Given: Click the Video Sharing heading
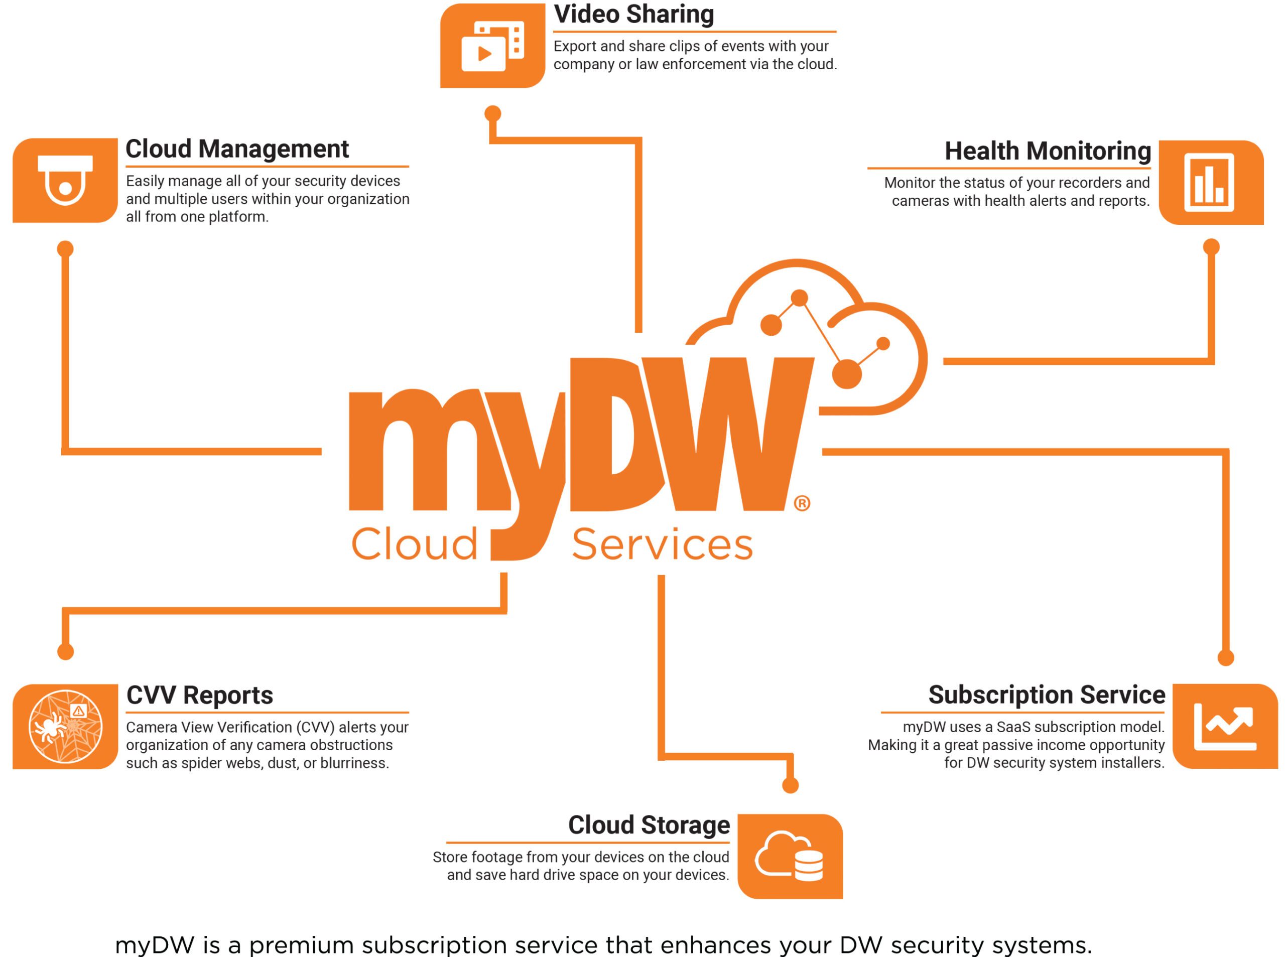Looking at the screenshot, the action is pyautogui.click(x=634, y=15).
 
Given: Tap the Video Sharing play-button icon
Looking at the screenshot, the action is pyautogui.click(x=492, y=46).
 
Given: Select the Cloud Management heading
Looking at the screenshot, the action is pyautogui.click(x=237, y=149).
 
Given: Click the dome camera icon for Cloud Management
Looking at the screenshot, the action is pyautogui.click(x=65, y=180).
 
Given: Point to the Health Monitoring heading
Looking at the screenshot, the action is pyautogui.click(x=1048, y=151).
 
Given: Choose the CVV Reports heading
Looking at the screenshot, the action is pyautogui.click(x=200, y=695).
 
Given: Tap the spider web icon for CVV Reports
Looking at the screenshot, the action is pyautogui.click(x=65, y=727).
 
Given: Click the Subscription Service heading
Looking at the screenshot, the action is pyautogui.click(x=1046, y=695).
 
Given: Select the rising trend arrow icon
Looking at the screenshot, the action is pyautogui.click(x=1225, y=727).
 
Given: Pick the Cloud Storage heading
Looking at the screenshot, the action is pyautogui.click(x=649, y=825).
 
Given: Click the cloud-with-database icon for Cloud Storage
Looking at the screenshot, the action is pyautogui.click(x=790, y=856).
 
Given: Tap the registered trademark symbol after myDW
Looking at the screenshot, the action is pyautogui.click(x=802, y=503).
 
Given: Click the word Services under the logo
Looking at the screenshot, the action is pyautogui.click(x=662, y=544).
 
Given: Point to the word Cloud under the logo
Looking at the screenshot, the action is pyautogui.click(x=414, y=544).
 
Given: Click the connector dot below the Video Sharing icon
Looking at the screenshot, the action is pyautogui.click(x=492, y=113).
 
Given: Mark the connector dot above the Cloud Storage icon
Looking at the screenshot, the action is pyautogui.click(x=790, y=785).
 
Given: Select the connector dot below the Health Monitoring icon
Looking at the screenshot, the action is pyautogui.click(x=1211, y=247).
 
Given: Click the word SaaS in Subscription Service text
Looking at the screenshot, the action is pyautogui.click(x=1013, y=727).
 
